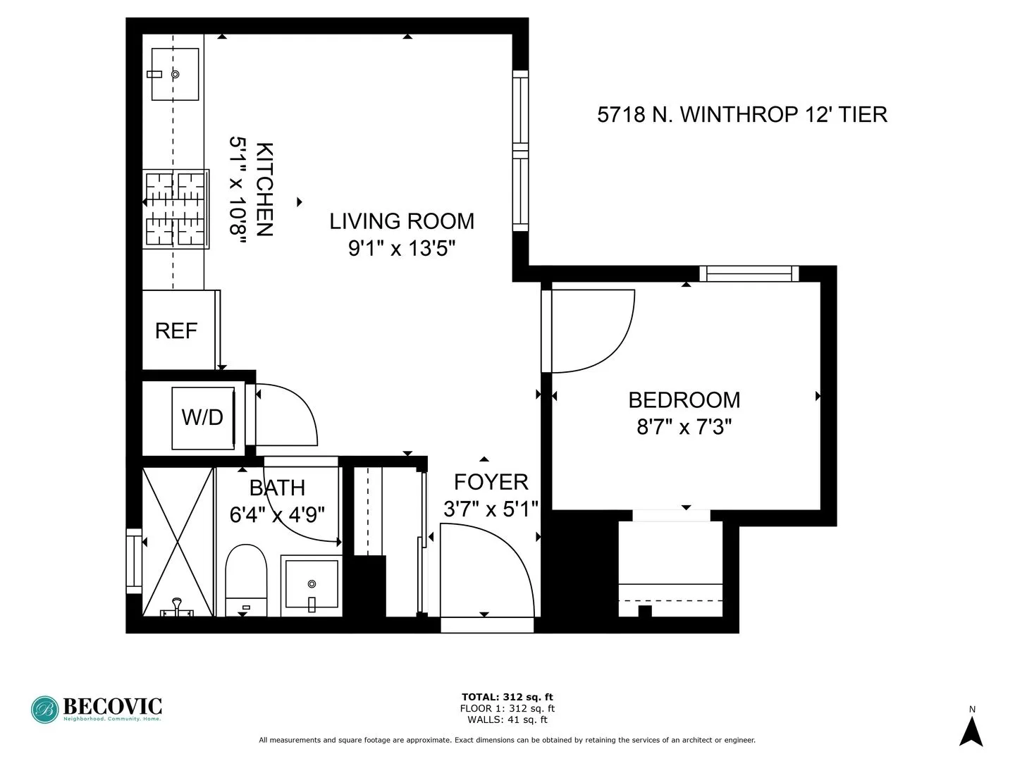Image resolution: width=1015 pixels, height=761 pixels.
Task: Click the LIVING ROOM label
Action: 402,221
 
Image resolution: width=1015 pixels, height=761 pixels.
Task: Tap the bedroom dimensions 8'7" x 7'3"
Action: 684,427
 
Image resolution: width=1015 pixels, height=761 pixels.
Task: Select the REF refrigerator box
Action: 177,330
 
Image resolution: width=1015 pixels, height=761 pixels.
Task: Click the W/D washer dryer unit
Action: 203,417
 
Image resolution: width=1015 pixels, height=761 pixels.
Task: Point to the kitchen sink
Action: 175,74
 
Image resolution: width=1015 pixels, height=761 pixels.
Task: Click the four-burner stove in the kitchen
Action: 176,209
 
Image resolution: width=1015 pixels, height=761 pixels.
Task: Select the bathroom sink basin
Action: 312,585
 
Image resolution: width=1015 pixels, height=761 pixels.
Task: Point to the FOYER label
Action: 491,482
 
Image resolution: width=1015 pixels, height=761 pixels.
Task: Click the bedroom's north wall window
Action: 749,273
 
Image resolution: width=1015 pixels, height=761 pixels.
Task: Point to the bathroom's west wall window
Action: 133,561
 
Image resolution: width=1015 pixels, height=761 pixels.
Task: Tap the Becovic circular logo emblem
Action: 44,710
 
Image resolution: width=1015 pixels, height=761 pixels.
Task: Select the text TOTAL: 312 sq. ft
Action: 507,697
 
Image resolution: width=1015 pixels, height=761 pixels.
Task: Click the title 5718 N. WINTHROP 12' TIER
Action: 742,115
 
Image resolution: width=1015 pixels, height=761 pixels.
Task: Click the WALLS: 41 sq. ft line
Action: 507,719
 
